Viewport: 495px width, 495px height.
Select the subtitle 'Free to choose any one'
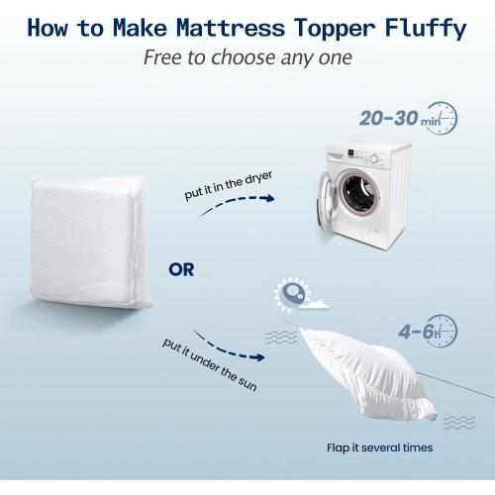tap(247, 57)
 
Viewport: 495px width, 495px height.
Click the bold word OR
tap(181, 269)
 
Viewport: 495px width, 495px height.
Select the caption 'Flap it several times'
tap(380, 448)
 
